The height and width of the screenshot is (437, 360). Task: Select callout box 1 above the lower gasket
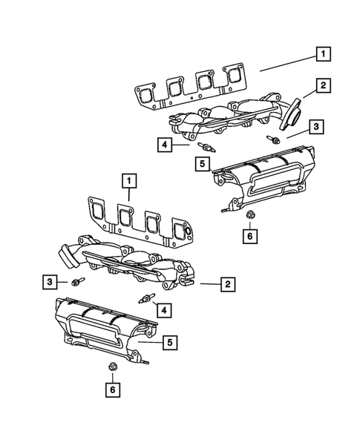coord(129,180)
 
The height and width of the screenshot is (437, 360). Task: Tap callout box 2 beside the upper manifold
coord(323,87)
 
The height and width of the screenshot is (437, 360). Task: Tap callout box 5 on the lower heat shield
coord(170,342)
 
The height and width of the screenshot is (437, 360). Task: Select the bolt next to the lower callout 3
coord(77,281)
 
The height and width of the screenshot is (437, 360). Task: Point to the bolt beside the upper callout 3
coord(274,138)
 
